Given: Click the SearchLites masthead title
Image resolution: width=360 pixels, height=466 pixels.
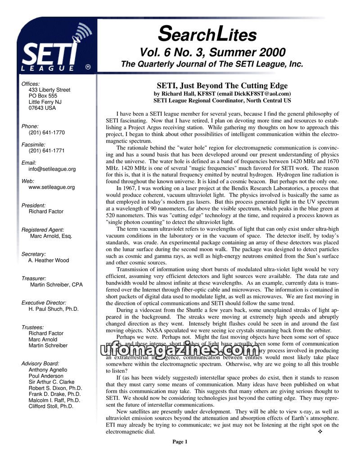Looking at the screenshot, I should click(x=207, y=34).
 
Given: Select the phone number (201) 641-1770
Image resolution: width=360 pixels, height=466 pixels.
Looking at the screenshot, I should click(x=46, y=133).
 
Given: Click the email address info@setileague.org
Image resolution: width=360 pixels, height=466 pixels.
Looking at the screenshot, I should click(x=52, y=169).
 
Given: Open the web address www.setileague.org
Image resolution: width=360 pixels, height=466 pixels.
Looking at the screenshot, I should click(x=51, y=187).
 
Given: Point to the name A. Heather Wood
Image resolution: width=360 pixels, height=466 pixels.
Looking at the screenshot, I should click(x=49, y=260).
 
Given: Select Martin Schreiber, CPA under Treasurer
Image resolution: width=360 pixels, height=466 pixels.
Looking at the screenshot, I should click(x=56, y=284).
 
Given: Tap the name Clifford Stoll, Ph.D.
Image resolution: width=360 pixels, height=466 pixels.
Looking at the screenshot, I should click(x=50, y=406).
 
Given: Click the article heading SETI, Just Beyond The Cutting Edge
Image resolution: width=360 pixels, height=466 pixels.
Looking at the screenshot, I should click(x=222, y=85).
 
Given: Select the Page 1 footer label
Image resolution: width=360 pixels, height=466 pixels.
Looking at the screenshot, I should click(x=180, y=442).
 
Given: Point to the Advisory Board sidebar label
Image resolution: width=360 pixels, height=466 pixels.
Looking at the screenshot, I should click(x=40, y=363).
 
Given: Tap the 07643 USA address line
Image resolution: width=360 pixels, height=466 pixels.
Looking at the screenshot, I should click(x=42, y=108).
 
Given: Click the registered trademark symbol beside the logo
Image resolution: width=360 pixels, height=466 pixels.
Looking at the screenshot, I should click(x=88, y=67).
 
